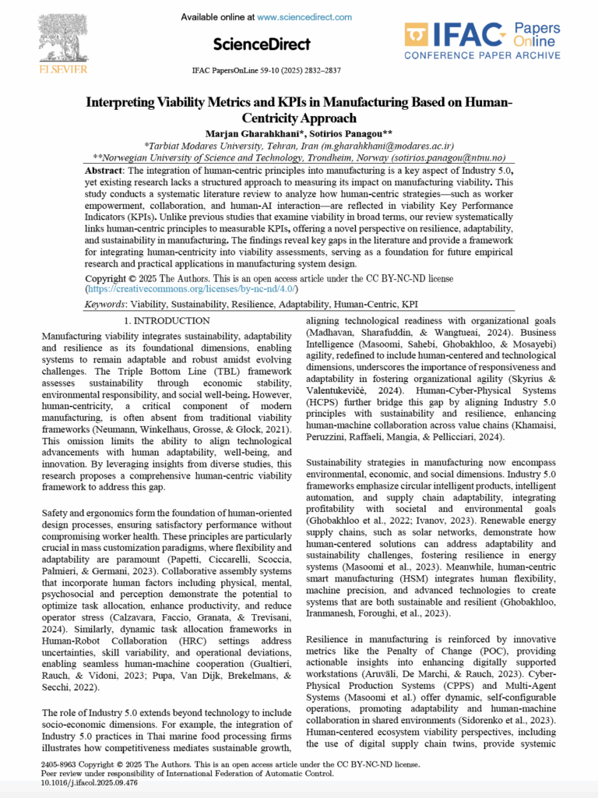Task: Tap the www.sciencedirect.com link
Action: [304, 16]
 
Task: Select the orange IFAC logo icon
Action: [417, 36]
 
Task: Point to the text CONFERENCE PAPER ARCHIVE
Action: [483, 55]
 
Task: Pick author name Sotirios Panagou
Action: [343, 132]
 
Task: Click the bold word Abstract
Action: [105, 169]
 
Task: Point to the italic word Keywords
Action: [105, 305]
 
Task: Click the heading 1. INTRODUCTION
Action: [167, 320]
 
